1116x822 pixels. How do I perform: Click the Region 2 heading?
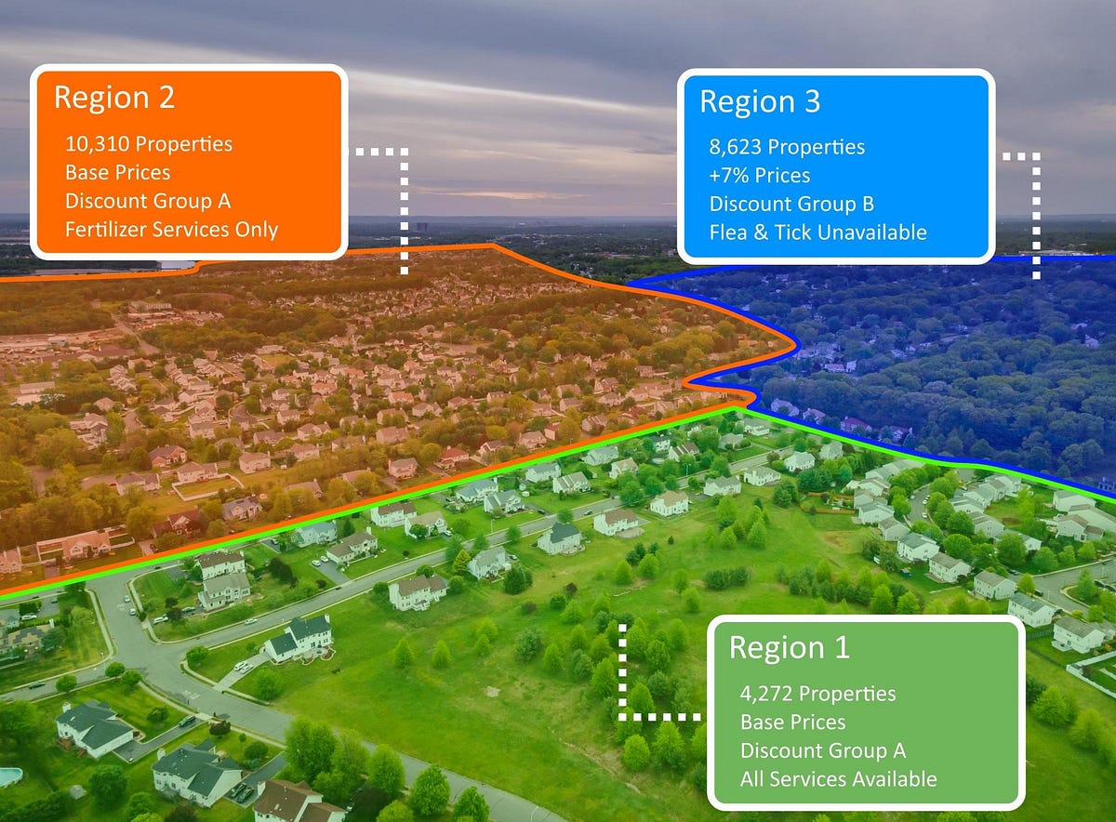(114, 98)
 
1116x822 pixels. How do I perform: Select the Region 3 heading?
(760, 101)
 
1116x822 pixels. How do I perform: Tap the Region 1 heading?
(790, 647)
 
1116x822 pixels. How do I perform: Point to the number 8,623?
(736, 147)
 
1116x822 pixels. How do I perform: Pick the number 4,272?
(767, 694)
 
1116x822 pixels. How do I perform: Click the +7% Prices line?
(760, 176)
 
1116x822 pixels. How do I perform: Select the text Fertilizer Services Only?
(171, 230)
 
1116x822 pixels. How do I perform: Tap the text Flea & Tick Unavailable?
(817, 232)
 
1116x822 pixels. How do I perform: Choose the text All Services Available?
(839, 779)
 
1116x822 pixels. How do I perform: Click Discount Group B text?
(791, 204)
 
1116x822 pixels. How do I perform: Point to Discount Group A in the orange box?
(148, 201)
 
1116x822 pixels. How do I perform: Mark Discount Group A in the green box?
(823, 750)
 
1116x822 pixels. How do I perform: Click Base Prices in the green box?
(792, 723)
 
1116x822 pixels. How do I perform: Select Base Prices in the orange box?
(117, 173)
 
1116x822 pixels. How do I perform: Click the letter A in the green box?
(899, 750)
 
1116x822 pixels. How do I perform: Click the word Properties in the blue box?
(817, 148)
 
